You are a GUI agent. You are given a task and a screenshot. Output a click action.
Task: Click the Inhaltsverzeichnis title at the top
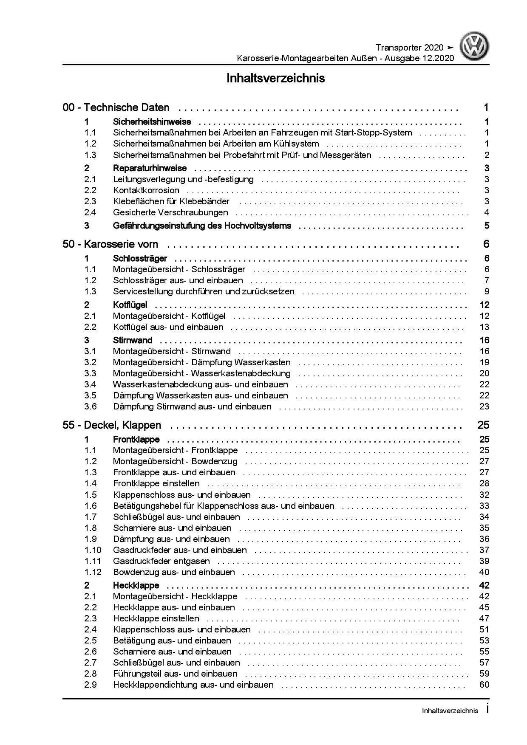pos(275,79)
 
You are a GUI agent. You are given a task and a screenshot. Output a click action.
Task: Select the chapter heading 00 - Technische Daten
pos(116,108)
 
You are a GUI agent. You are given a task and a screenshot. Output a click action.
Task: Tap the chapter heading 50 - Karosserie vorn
pos(110,244)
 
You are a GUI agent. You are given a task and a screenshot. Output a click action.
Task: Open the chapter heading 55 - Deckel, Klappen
pos(112,425)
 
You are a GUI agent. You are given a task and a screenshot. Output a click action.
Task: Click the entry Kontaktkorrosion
pos(146,190)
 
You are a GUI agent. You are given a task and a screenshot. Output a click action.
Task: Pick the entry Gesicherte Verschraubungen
pos(170,212)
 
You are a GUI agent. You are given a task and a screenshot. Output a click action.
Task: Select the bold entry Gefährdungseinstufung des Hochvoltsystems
pos(202,226)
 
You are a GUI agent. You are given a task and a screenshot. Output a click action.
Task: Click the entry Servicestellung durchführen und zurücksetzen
pos(204,291)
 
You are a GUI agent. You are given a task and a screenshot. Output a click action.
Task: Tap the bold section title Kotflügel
pos(130,305)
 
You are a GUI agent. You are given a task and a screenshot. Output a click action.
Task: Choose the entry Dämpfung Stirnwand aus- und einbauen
pos(192,406)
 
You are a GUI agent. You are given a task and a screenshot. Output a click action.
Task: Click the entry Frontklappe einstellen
pos(156,483)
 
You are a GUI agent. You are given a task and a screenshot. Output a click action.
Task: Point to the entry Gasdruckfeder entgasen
pos(161,561)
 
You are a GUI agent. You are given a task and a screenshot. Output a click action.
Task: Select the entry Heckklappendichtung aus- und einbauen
pos(193,685)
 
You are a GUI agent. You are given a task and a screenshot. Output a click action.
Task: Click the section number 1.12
pos(93,572)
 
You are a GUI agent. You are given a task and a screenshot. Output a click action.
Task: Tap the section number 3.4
pos(90,384)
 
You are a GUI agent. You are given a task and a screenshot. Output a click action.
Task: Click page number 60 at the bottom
pos(484,685)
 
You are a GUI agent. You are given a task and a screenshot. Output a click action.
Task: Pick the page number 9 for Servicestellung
pos(487,291)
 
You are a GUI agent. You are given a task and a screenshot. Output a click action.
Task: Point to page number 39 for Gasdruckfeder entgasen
pos(484,561)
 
